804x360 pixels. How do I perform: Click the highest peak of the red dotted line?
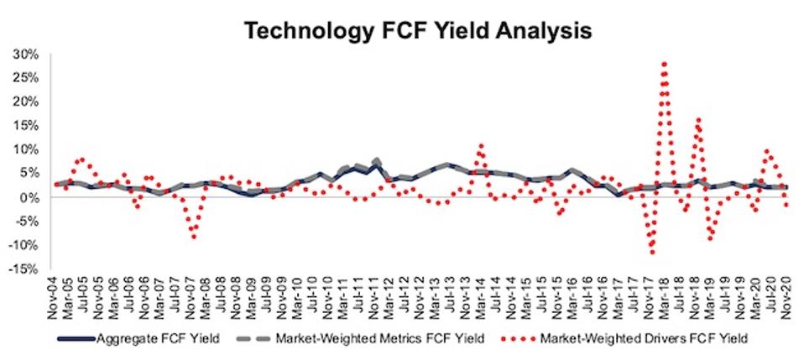point(664,63)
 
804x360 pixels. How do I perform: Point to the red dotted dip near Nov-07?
point(194,237)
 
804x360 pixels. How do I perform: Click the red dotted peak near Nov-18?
point(697,119)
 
